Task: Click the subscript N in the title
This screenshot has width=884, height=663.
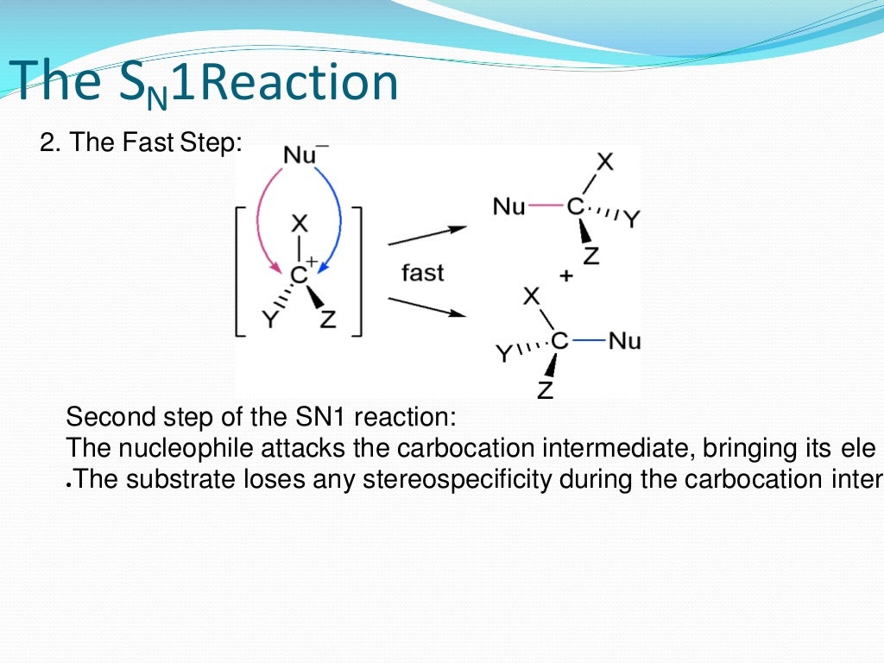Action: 156,100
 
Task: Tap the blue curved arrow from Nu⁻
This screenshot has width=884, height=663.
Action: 338,216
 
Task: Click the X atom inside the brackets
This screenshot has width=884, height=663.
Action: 299,224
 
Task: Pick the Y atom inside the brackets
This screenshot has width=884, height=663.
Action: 270,321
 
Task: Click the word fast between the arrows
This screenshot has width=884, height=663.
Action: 422,274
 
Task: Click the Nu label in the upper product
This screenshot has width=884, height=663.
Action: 508,207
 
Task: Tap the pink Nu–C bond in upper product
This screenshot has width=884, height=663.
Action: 545,207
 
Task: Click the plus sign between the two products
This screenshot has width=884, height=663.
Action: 566,276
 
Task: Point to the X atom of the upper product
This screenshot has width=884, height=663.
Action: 606,161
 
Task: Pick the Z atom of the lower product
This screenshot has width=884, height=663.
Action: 545,391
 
